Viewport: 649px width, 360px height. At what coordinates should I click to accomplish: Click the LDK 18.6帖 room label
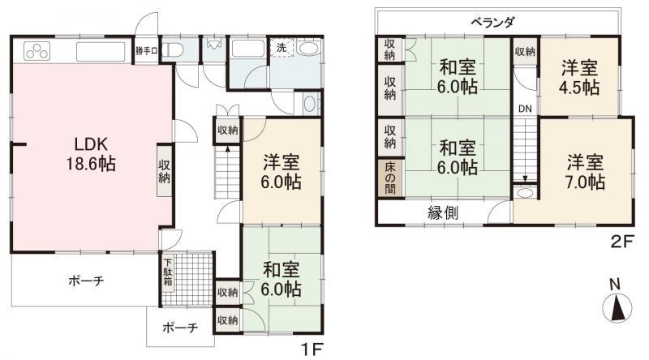tap(91, 154)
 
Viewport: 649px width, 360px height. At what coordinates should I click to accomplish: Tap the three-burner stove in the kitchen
tap(37, 51)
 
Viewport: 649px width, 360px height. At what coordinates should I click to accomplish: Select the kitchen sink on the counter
tap(101, 52)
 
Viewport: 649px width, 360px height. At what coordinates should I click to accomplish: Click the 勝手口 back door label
tap(147, 51)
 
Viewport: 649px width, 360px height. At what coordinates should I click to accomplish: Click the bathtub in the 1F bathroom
tap(247, 49)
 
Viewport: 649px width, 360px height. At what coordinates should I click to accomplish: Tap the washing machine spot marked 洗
tap(282, 47)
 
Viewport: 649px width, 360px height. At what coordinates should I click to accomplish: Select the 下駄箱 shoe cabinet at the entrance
tap(168, 272)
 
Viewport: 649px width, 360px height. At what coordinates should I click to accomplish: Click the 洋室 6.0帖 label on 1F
tap(281, 172)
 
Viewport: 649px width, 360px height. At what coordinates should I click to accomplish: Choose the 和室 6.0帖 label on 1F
tap(281, 279)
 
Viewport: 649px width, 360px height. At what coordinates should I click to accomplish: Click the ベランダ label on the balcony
tap(492, 22)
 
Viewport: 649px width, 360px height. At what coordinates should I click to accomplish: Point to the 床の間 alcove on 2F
tap(390, 178)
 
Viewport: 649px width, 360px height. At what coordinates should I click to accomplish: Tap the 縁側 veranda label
tap(443, 212)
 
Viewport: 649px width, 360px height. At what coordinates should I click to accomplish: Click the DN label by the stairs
tap(525, 109)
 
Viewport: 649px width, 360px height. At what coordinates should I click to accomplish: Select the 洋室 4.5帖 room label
tap(579, 77)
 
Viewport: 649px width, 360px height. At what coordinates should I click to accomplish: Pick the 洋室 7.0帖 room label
tap(585, 172)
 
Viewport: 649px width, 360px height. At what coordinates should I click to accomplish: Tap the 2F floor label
tap(621, 242)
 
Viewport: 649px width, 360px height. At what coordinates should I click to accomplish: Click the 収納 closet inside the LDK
tap(165, 170)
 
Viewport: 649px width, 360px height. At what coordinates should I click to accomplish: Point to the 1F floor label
tap(312, 350)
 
